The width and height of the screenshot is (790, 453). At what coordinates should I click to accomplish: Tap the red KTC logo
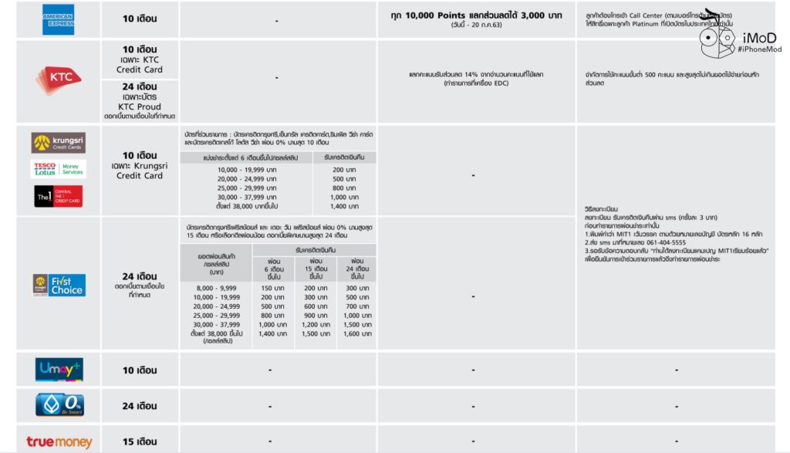click(59, 79)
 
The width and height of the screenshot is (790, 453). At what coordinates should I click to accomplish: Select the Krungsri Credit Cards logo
click(59, 143)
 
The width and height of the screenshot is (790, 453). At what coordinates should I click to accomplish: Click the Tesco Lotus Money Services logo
click(59, 168)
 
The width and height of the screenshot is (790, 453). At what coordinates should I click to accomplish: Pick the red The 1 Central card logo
click(59, 197)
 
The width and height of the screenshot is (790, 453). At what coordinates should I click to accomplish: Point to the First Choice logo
click(59, 285)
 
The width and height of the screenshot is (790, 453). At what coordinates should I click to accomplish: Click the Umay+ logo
click(59, 370)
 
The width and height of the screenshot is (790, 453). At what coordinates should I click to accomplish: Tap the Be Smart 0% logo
click(59, 405)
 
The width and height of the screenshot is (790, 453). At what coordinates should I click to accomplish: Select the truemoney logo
click(59, 442)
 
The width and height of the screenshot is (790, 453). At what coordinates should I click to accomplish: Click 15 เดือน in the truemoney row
click(140, 442)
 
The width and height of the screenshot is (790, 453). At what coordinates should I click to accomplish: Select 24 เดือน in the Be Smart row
click(140, 406)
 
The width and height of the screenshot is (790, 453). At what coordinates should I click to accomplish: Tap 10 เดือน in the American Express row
click(140, 19)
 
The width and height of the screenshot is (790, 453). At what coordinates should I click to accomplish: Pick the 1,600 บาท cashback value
click(356, 334)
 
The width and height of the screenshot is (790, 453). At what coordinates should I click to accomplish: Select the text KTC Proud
click(140, 106)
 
